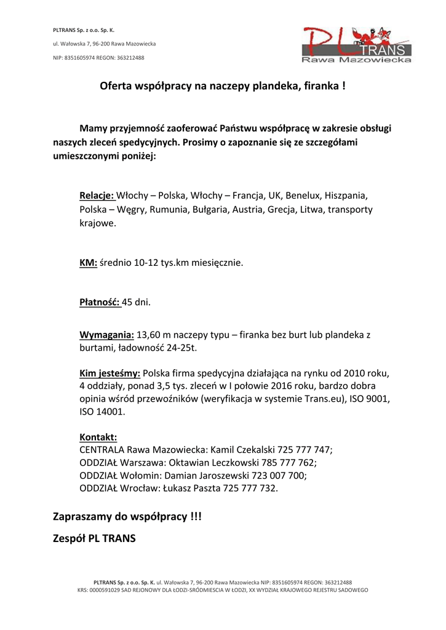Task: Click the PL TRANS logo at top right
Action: click(356, 44)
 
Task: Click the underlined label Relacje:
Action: click(97, 196)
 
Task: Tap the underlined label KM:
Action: click(89, 263)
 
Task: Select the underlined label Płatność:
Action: click(100, 302)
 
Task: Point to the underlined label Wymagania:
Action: click(106, 335)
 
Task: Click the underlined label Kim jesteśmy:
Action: click(110, 373)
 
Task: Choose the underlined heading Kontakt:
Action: click(98, 437)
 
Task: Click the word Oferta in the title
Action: click(116, 87)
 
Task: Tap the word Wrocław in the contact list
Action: click(140, 488)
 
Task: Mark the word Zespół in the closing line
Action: click(69, 539)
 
